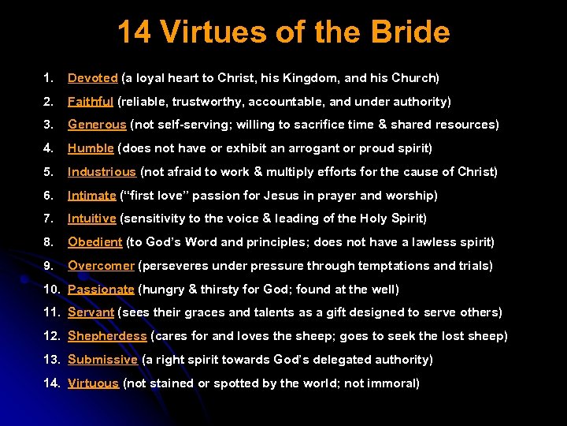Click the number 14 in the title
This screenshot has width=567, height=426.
[135, 32]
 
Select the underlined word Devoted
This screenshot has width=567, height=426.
[93, 78]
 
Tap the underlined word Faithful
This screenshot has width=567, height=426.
[91, 102]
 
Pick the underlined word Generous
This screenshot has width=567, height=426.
[97, 125]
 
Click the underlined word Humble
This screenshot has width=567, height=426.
[91, 148]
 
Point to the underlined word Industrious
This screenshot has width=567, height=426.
[102, 172]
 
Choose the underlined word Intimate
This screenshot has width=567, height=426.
[92, 196]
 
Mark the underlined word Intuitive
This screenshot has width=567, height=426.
[92, 219]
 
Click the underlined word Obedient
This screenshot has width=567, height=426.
[94, 242]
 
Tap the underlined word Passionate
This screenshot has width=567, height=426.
[100, 290]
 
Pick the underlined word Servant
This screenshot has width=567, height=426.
[91, 312]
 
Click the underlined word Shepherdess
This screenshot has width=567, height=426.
[107, 336]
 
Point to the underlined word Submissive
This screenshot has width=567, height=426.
[103, 360]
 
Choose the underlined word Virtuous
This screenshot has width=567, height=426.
[93, 383]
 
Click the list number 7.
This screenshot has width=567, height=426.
[48, 219]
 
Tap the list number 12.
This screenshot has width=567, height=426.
[50, 336]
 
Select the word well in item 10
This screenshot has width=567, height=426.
[386, 290]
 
